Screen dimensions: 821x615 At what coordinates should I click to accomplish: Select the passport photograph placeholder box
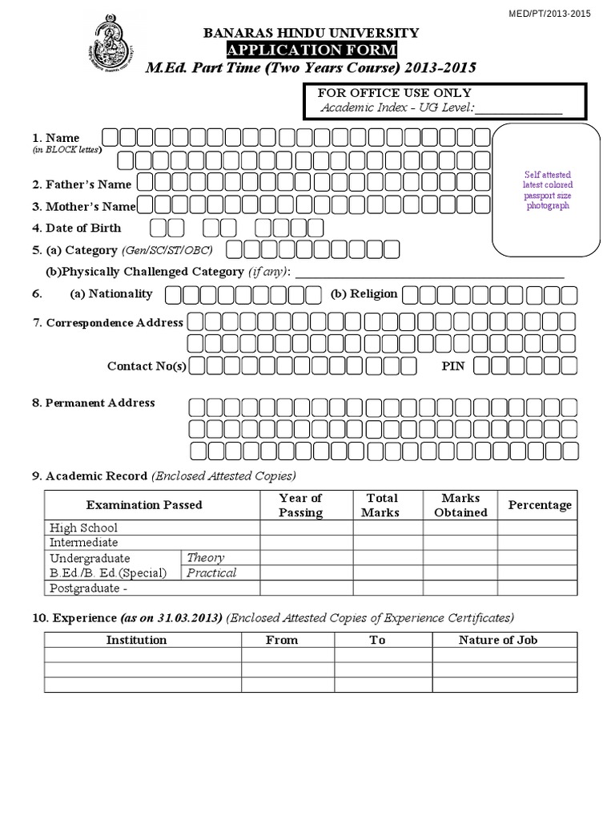pos(547,188)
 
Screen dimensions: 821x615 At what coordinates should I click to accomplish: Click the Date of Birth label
pos(82,228)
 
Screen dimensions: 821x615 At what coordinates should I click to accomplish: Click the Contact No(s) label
pos(147,366)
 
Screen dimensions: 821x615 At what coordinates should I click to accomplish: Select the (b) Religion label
pos(364,293)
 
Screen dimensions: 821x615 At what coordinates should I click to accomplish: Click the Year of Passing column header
pos(300,505)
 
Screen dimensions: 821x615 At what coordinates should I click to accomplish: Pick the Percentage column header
pos(540,505)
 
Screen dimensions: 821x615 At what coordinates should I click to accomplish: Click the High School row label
pos(83,528)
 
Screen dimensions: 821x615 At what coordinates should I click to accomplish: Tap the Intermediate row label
pos(84,543)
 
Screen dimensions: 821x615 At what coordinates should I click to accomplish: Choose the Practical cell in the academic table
pos(211,572)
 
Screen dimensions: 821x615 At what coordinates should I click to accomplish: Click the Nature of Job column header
pos(497,640)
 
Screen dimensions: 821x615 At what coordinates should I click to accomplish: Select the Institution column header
pos(136,640)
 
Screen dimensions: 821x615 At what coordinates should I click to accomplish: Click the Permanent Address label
pos(93,402)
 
